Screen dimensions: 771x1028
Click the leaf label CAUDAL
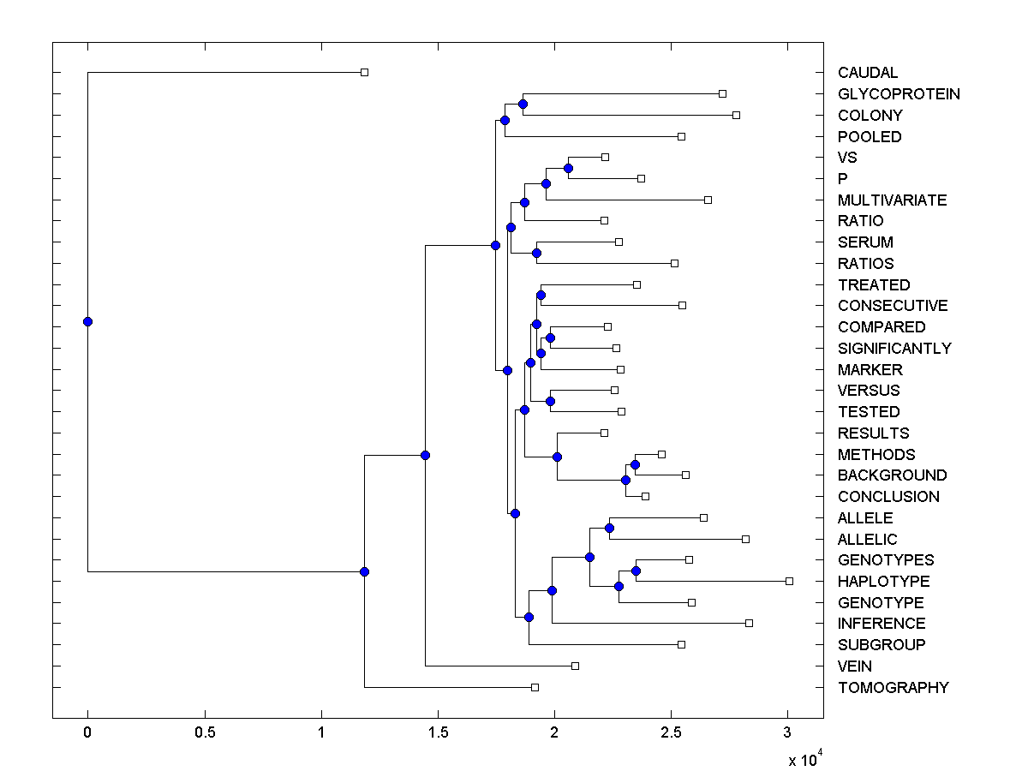(x=868, y=73)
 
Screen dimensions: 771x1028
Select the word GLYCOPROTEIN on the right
(x=899, y=94)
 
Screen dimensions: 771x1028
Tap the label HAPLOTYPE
(x=883, y=582)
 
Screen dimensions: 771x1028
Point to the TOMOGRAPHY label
(x=893, y=688)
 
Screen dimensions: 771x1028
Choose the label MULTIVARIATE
(x=892, y=200)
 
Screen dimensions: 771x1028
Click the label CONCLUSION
(x=888, y=497)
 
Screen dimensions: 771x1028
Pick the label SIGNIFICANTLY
(x=894, y=349)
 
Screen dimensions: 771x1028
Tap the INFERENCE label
(x=882, y=624)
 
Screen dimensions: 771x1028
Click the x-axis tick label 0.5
(x=205, y=732)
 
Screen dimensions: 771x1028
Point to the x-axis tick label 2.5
(x=672, y=732)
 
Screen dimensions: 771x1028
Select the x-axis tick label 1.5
(x=438, y=732)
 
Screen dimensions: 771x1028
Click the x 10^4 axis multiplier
(x=804, y=758)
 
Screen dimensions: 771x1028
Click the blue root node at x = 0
(x=87, y=321)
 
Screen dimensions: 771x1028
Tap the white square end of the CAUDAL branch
(x=364, y=72)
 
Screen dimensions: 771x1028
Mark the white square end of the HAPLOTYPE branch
(x=789, y=581)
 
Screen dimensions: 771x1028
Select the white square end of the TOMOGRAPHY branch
(x=535, y=687)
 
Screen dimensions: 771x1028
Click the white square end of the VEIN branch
(x=575, y=666)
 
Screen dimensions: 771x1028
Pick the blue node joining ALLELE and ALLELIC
(x=609, y=528)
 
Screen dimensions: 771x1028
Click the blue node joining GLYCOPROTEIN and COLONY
(x=523, y=104)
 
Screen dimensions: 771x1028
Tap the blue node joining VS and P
(x=568, y=168)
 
